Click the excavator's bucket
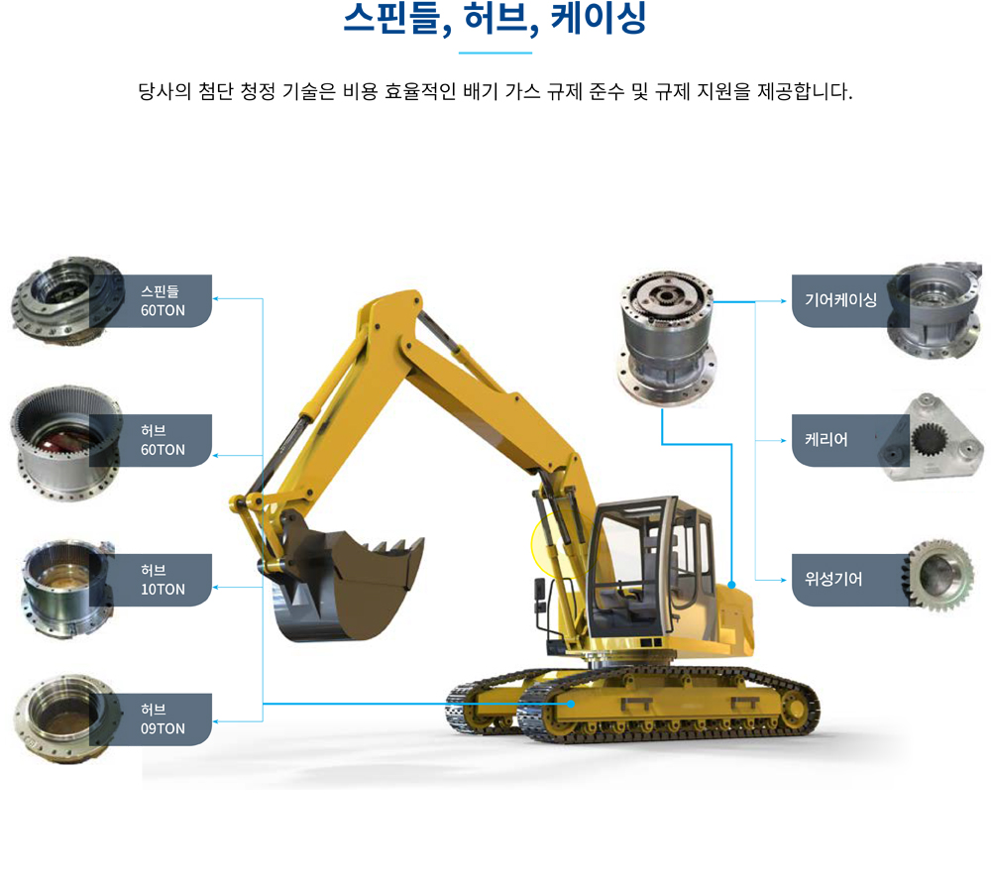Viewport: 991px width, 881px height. pos(346,585)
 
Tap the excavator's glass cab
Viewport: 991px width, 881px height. pos(651,569)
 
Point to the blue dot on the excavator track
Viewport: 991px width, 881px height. pos(571,704)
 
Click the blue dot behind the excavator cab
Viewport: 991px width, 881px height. pos(731,585)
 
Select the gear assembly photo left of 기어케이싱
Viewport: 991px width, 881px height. pos(666,337)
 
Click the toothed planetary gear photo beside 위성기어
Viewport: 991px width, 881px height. pos(939,575)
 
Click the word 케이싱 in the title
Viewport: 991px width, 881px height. pos(599,17)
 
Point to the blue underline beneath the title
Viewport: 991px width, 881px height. pos(495,54)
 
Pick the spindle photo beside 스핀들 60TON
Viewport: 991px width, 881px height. pos(66,301)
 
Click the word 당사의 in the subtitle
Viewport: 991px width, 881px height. pos(165,91)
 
